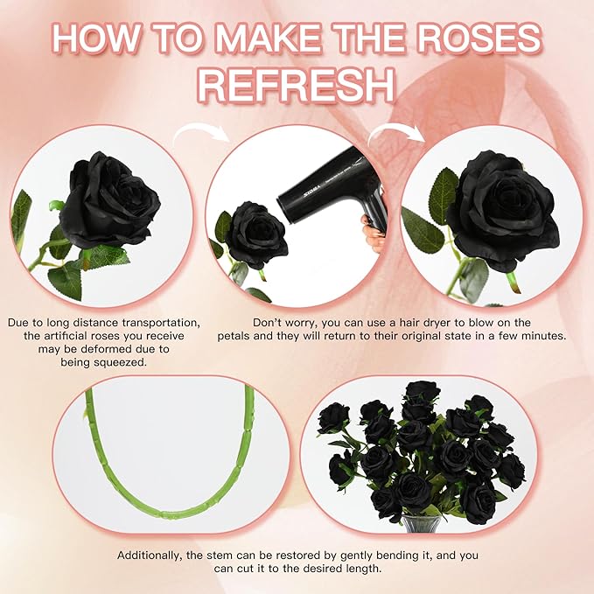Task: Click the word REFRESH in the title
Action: [297, 85]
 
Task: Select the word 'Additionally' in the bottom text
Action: [155, 556]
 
